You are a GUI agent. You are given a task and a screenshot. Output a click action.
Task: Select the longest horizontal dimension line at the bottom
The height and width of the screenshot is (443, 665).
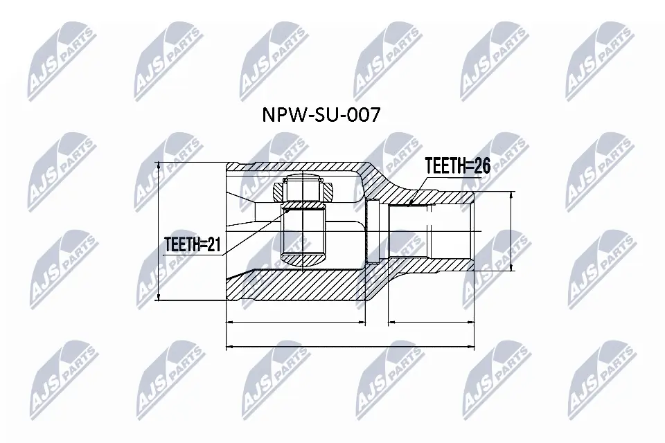coord(350,346)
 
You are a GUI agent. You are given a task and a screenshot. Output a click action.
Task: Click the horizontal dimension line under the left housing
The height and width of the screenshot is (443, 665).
coord(296,323)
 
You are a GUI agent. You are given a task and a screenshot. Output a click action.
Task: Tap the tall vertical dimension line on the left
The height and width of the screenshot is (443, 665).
coord(159,232)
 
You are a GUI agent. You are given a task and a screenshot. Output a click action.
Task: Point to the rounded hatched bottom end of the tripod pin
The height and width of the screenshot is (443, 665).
coord(303,259)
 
